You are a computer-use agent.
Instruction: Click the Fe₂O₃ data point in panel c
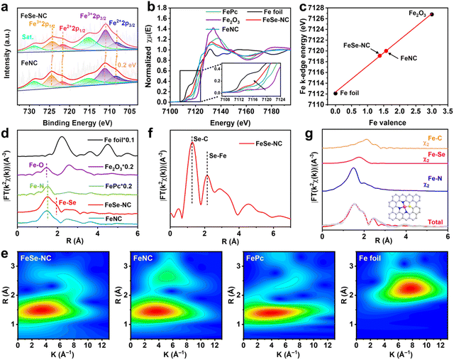click(x=431, y=14)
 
